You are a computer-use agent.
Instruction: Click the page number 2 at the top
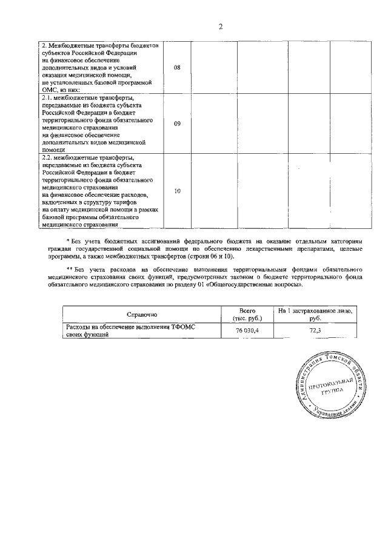point(221,27)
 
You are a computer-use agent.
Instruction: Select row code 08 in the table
point(177,67)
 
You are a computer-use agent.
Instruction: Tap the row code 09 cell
point(177,124)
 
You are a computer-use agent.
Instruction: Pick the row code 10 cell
point(177,191)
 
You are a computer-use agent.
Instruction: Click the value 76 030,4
point(246,331)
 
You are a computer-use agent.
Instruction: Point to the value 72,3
point(314,331)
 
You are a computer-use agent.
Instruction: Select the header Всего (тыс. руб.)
point(246,314)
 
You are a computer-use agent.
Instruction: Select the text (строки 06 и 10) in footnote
point(206,257)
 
